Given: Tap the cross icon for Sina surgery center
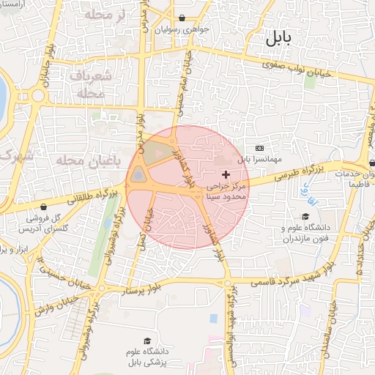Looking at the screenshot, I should (x=226, y=174).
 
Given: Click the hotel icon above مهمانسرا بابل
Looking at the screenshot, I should (x=259, y=148).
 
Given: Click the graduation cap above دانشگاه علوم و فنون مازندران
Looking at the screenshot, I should (x=305, y=214).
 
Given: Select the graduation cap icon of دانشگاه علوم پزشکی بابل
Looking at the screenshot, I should (x=148, y=341).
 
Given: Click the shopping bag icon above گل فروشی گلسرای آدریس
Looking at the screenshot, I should (x=45, y=206).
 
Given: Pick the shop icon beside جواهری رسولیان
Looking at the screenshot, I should (x=182, y=18).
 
